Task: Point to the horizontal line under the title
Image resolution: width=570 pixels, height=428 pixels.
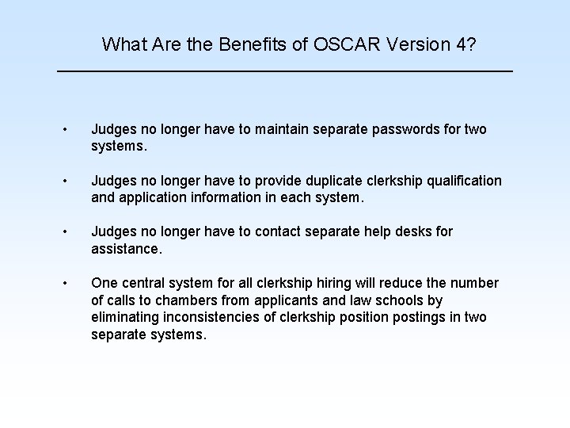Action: pyautogui.click(x=285, y=72)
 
